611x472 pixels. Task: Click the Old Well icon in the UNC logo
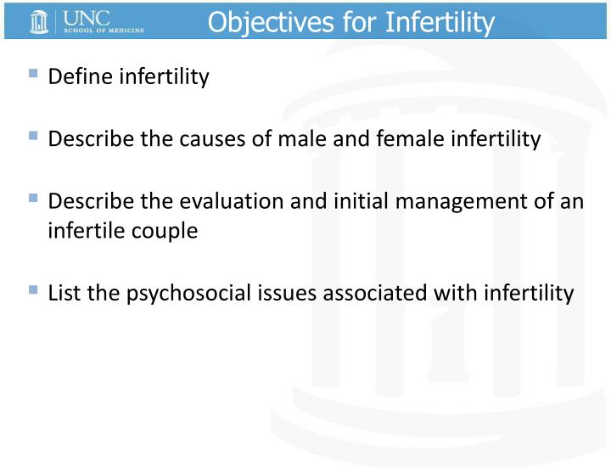(x=39, y=21)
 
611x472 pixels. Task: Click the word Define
(x=81, y=77)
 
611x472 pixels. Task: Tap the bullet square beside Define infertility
(x=33, y=74)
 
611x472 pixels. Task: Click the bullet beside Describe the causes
(x=33, y=136)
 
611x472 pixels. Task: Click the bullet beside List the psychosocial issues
(x=33, y=289)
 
